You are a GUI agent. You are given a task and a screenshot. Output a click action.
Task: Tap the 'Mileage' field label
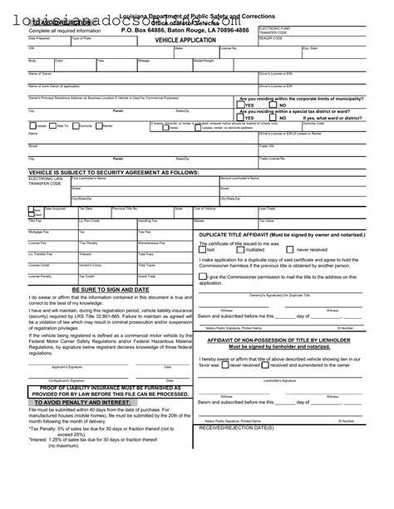[x=143, y=61]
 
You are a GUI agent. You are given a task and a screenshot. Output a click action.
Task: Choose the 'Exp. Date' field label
[x=309, y=48]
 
